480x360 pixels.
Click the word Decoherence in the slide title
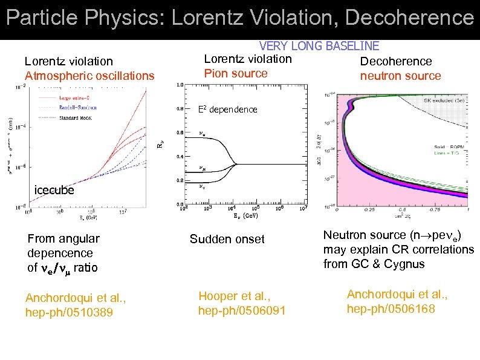pos(416,18)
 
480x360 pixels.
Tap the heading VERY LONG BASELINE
pos(319,46)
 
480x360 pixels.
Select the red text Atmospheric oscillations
pos(89,76)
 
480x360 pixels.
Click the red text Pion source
pos(236,73)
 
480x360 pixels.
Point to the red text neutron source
pos(400,76)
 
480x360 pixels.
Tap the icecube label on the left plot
pos(54,190)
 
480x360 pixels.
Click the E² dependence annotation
pos(228,110)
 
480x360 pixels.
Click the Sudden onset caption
pos(227,239)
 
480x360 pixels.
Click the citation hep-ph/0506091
pos(241,310)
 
